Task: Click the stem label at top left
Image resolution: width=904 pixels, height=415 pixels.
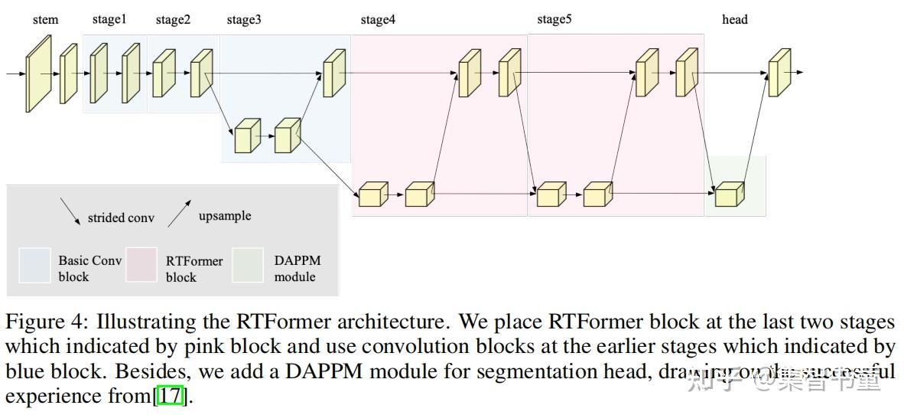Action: click(45, 19)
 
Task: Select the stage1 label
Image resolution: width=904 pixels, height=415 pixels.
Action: click(109, 19)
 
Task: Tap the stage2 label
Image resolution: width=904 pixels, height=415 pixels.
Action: click(173, 19)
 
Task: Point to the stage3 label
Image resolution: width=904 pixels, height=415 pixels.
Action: click(243, 19)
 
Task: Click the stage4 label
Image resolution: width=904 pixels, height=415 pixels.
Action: click(378, 19)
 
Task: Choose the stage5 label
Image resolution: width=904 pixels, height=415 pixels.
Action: click(554, 19)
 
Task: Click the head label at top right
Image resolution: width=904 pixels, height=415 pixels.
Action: click(734, 19)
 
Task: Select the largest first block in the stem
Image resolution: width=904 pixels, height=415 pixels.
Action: click(38, 74)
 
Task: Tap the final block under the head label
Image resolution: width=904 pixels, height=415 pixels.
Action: click(779, 74)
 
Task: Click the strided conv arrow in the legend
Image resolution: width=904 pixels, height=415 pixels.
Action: click(70, 211)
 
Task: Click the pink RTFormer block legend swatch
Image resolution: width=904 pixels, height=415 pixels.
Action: click(141, 265)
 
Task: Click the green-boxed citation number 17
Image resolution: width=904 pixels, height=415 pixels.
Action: click(171, 397)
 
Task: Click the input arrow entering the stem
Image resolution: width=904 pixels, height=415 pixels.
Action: click(15, 74)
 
